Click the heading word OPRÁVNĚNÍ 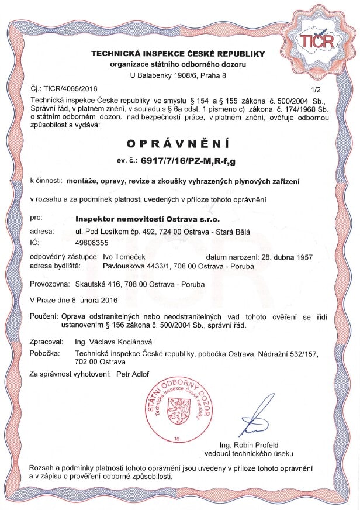click(179, 143)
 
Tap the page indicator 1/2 click(317, 91)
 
